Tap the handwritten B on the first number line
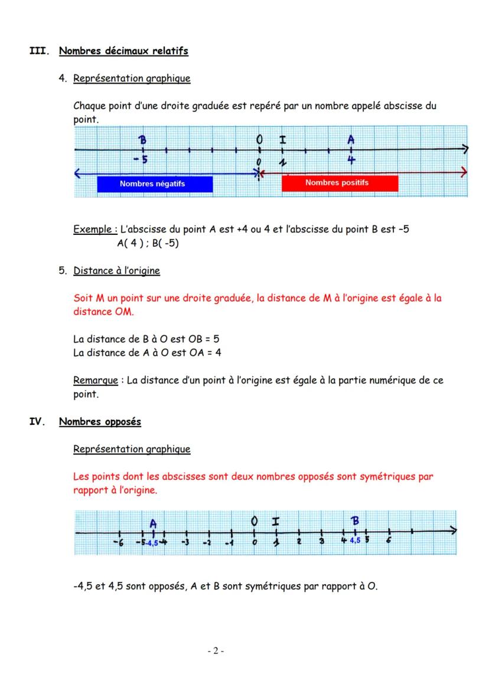142,140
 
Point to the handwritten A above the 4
351,140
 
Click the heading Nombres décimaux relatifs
123,51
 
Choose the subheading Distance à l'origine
116,271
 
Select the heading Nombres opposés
100,422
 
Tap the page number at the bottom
216,651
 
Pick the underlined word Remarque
96,381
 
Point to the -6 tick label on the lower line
118,543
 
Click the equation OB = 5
204,339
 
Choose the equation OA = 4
204,353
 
